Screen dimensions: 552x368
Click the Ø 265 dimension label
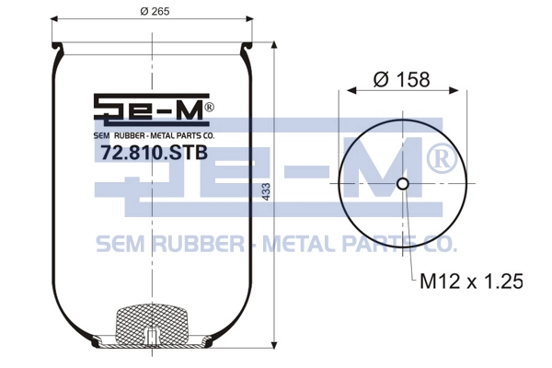[x=155, y=11]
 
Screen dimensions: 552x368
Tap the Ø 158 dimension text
[x=402, y=79]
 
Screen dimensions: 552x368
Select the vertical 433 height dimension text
[x=267, y=192]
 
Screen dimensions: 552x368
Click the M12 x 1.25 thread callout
[x=471, y=281]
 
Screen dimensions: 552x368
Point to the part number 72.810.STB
[x=155, y=153]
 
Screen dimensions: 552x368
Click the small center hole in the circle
[x=403, y=183]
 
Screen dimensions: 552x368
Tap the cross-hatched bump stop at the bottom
[x=152, y=323]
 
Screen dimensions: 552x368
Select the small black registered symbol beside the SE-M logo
[x=209, y=107]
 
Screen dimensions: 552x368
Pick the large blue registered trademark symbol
[x=442, y=160]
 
